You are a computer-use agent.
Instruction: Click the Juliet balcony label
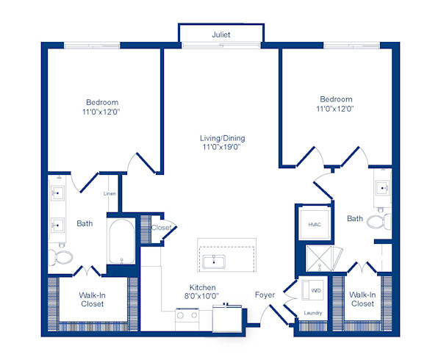coord(220,34)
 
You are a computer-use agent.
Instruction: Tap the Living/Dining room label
coord(222,138)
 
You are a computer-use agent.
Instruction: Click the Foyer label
coord(265,295)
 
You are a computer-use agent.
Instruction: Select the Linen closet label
coord(110,193)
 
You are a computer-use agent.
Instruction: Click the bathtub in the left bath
coord(120,243)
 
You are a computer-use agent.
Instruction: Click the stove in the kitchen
coord(188,317)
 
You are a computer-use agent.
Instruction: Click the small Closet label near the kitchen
coord(161,228)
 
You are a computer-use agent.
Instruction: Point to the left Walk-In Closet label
coord(92,300)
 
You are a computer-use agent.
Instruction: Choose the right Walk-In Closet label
coord(362,299)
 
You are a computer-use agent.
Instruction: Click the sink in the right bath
coord(382,189)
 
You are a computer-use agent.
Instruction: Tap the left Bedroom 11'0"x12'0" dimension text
coord(102,113)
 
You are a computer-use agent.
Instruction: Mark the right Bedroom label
coord(336,99)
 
